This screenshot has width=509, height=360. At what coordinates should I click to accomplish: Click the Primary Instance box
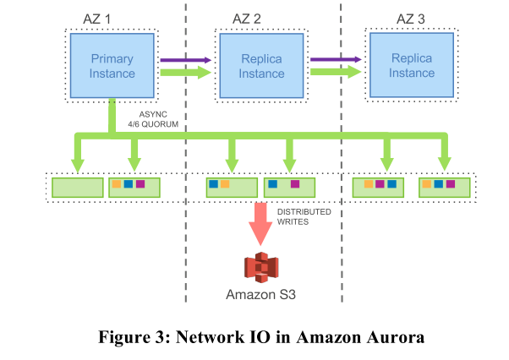pos(112,65)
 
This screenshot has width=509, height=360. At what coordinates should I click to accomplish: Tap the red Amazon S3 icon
pos(260,266)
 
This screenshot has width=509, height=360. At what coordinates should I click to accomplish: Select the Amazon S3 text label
pos(260,295)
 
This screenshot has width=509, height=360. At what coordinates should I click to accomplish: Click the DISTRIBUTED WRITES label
pos(305,217)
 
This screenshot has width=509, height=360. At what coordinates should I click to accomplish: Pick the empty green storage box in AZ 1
pos(77,186)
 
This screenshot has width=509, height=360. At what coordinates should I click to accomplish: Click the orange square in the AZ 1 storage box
pos(117,184)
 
